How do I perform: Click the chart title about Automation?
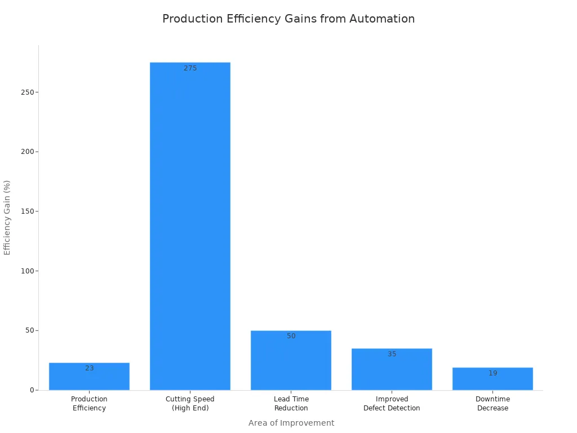point(288,19)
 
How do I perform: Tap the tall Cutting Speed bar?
point(190,226)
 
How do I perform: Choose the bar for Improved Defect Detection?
point(392,370)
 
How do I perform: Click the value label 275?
point(190,68)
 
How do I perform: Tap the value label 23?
point(90,368)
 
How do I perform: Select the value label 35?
point(392,354)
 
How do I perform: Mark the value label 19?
point(493,373)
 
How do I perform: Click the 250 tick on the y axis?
point(26,92)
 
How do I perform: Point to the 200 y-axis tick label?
point(26,152)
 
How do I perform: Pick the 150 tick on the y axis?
point(26,211)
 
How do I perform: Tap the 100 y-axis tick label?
point(26,271)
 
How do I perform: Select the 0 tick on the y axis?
point(32,390)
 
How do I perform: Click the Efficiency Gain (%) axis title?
point(7,218)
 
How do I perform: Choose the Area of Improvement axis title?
point(291,423)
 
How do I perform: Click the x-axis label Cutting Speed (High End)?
point(190,404)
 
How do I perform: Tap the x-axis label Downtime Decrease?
point(492,404)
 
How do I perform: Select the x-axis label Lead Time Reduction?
point(291,404)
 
